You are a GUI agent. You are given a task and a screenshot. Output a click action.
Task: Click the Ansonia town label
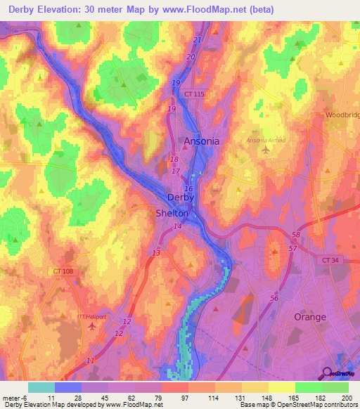201,141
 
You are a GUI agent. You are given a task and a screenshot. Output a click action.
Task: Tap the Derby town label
181,197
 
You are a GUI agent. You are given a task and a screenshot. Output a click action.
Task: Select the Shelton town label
172,213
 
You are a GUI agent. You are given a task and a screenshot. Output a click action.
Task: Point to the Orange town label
309,317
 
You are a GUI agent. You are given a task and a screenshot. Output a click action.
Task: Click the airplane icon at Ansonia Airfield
264,150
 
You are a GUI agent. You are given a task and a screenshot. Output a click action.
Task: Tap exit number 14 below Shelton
178,226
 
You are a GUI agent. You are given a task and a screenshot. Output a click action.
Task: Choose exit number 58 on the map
296,235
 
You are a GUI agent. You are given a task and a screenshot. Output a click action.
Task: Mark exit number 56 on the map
274,299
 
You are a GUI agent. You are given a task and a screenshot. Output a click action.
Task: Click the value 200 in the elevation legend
346,398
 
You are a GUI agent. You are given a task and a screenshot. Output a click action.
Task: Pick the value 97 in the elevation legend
174,398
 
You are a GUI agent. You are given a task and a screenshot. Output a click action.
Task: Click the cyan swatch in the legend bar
41,387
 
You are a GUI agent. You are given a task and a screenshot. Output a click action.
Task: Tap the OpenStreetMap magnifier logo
328,373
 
